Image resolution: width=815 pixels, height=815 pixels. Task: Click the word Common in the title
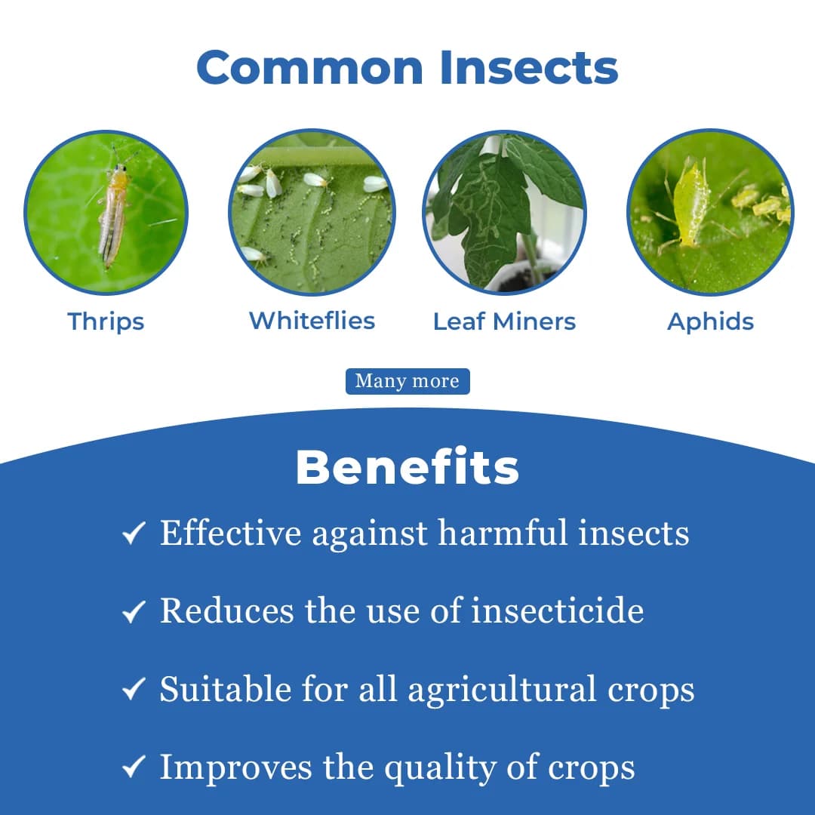pos(311,68)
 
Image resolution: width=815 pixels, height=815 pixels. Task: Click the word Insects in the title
pos(529,68)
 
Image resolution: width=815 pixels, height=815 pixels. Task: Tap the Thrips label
pos(106,321)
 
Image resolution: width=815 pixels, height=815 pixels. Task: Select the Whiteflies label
pos(312,321)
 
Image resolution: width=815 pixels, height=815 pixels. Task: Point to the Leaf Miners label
pos(504,321)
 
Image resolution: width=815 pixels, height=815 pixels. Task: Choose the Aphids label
pos(710,321)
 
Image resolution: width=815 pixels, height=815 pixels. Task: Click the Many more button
pos(407,381)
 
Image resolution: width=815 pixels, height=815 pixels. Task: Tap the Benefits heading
pos(407,468)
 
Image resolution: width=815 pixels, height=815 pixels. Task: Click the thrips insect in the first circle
pos(114,215)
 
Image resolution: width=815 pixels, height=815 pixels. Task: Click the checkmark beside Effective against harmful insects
pos(133,535)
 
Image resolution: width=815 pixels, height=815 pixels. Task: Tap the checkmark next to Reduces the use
pos(133,613)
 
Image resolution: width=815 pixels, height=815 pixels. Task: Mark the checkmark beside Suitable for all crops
pos(133,690)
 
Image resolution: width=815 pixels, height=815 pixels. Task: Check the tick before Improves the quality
pos(133,769)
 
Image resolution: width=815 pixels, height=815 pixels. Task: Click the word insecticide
pos(558,610)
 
